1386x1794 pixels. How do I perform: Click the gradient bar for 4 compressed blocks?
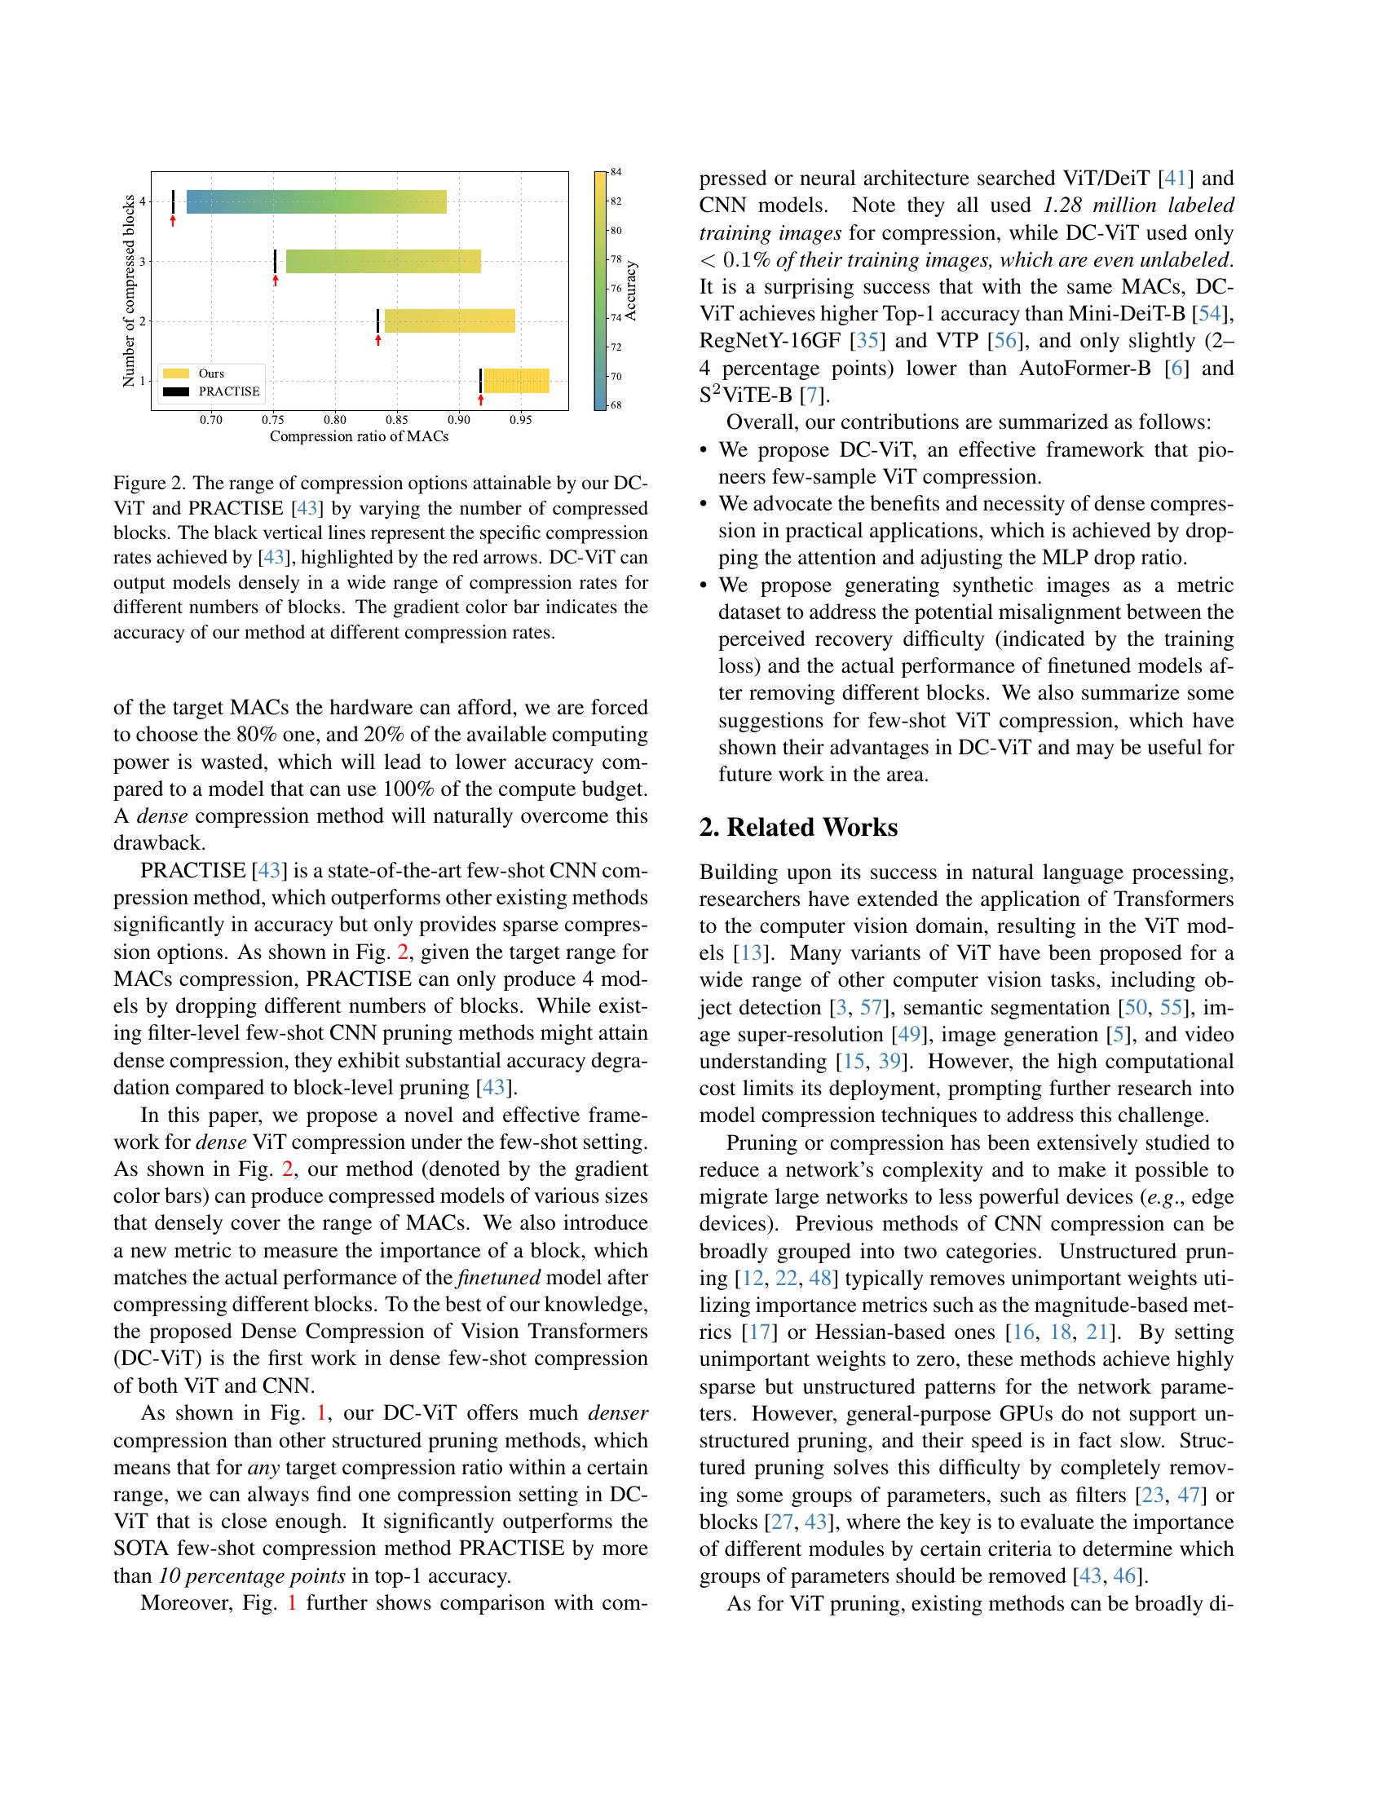tap(316, 201)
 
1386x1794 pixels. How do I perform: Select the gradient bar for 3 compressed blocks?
tap(382, 261)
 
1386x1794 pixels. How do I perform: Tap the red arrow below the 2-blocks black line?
tap(378, 339)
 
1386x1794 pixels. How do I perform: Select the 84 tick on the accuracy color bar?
tap(616, 172)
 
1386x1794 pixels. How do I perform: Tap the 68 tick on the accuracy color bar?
tap(616, 405)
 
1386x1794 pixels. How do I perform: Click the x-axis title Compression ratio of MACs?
tap(359, 436)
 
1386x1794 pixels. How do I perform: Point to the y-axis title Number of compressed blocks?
tap(129, 291)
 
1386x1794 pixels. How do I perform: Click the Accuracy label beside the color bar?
tap(630, 291)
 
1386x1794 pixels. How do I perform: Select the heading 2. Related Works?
tap(798, 827)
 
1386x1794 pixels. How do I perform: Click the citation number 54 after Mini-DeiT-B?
tap(1209, 314)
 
